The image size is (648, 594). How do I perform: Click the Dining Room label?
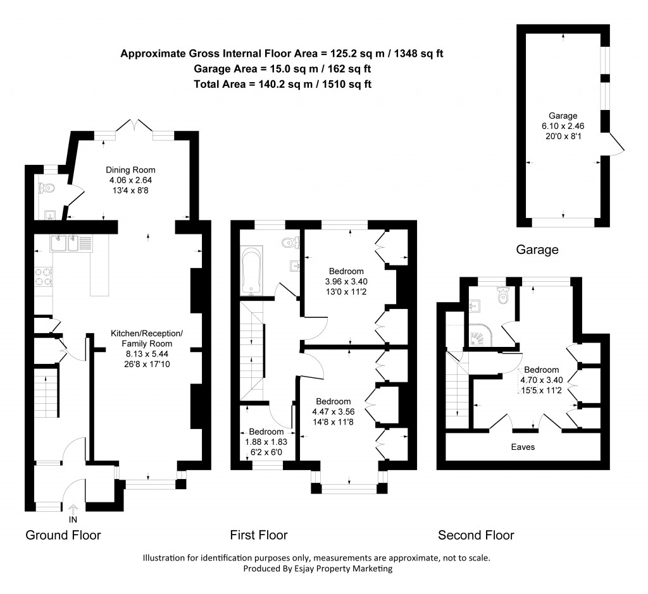130,170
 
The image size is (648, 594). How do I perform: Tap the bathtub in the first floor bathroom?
252,272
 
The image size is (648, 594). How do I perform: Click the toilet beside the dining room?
46,188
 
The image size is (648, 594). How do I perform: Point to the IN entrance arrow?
72,509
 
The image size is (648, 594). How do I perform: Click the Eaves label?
523,447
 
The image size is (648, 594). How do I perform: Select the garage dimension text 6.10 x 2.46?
563,126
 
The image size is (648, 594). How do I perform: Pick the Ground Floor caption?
63,535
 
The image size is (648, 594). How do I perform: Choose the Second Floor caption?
476,535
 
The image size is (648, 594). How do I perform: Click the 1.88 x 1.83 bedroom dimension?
266,442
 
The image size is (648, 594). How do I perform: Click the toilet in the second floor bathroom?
504,295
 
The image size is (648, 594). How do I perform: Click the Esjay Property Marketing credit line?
318,568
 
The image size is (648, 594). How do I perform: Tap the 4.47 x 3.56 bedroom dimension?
333,411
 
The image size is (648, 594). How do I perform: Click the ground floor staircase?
45,392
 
